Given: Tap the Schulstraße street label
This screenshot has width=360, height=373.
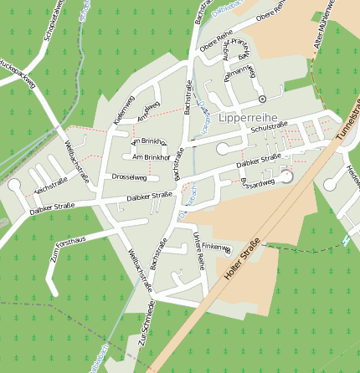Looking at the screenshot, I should pyautogui.click(x=269, y=128).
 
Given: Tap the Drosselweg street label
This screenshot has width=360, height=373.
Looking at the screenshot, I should pyautogui.click(x=129, y=177).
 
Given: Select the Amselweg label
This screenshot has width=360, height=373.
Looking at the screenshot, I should pyautogui.click(x=148, y=110).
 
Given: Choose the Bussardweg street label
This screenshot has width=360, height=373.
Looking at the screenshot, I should pyautogui.click(x=256, y=181).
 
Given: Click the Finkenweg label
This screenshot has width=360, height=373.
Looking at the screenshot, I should pyautogui.click(x=215, y=247).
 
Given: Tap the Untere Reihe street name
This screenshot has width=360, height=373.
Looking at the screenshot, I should pyautogui.click(x=198, y=249).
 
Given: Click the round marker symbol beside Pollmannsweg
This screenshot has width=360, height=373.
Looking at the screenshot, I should pyautogui.click(x=262, y=100).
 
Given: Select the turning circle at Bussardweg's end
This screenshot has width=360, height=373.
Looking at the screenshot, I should pyautogui.click(x=286, y=176).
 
